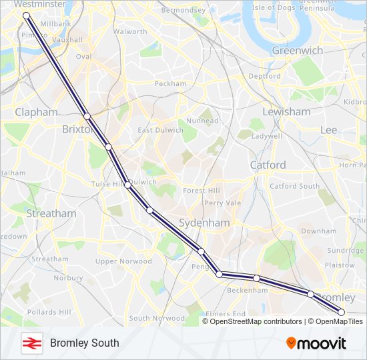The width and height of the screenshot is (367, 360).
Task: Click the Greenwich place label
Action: pyautogui.click(x=298, y=51)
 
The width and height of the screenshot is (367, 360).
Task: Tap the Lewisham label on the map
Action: pyautogui.click(x=286, y=112)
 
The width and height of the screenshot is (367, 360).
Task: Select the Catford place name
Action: pyautogui.click(x=268, y=165)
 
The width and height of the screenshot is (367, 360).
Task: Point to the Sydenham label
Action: pyautogui.click(x=204, y=223)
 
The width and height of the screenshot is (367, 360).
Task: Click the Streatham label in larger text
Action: pyautogui.click(x=51, y=214)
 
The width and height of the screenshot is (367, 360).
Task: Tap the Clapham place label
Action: pyautogui.click(x=36, y=112)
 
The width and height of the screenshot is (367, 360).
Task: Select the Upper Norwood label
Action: pyautogui.click(x=123, y=261)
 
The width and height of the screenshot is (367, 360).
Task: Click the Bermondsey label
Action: pyautogui.click(x=183, y=11)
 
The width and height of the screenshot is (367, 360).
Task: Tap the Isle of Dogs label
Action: pyautogui.click(x=274, y=8)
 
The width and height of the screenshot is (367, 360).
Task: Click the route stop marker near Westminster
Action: pyautogui.click(x=26, y=15)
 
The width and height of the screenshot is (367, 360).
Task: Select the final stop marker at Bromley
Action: pyautogui.click(x=342, y=311)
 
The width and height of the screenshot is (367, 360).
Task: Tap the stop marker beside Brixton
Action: pyautogui.click(x=87, y=117)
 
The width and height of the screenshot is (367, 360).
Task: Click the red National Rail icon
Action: pyautogui.click(x=31, y=343)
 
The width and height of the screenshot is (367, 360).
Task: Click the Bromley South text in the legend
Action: pyautogui.click(x=85, y=343)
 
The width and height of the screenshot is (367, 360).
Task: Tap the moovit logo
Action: pyautogui.click(x=316, y=343)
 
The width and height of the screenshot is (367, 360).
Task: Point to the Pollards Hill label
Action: pyautogui.click(x=49, y=312)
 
